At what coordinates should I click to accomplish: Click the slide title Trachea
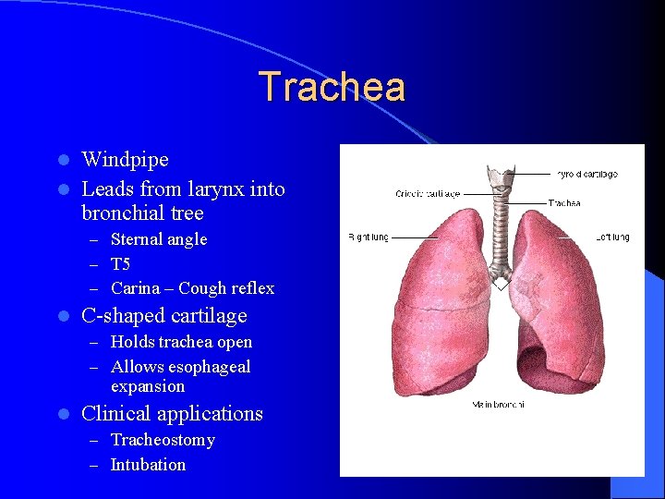(332, 88)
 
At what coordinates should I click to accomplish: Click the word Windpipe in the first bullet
(125, 160)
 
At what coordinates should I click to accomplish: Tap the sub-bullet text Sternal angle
(158, 239)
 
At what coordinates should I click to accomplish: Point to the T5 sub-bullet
(120, 264)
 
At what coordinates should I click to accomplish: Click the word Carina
(135, 288)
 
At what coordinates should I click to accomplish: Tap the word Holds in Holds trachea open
(132, 342)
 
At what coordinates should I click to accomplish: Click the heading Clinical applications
(172, 414)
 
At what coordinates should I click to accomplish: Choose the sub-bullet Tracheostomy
(163, 440)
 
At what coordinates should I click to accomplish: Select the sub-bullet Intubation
(148, 465)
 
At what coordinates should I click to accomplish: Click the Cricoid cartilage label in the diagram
(427, 194)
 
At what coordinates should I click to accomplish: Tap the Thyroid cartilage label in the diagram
(586, 174)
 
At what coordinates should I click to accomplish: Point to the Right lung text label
(368, 237)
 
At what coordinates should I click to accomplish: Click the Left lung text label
(612, 237)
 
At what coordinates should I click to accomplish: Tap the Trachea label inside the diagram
(564, 202)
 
